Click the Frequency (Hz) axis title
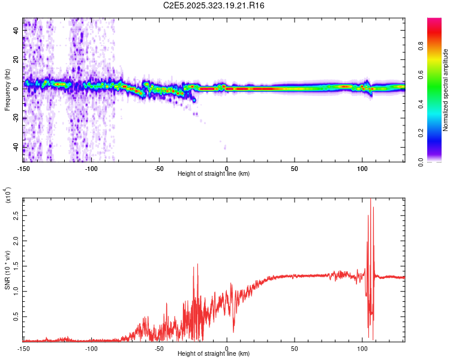pyautogui.click(x=7, y=90)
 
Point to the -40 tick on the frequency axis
pyautogui.click(x=16, y=147)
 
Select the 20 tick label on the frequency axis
pyautogui.click(x=17, y=59)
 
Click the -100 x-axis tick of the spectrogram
pyautogui.click(x=91, y=168)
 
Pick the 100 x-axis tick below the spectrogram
pyautogui.click(x=362, y=168)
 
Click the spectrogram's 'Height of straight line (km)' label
pyautogui.click(x=213, y=173)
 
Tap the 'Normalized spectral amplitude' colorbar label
pyautogui.click(x=446, y=90)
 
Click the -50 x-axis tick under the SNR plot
pyautogui.click(x=159, y=348)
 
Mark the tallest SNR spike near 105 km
pyautogui.click(x=370, y=200)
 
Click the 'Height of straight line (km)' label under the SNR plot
pyautogui.click(x=213, y=354)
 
